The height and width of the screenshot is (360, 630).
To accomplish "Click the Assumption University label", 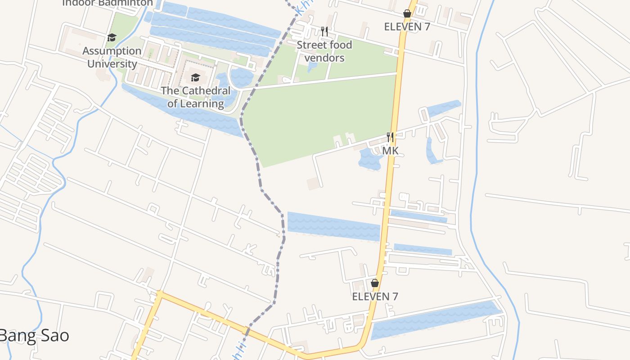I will pos(112,57).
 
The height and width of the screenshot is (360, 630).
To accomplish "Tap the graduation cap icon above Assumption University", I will pos(112,37).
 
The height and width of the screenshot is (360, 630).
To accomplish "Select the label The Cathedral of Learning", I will pos(196,97).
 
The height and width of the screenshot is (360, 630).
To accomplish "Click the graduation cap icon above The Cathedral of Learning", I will pos(195,78).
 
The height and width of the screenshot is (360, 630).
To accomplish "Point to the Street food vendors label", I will pos(324,51).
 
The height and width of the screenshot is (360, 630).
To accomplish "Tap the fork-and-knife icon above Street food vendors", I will pos(324,31).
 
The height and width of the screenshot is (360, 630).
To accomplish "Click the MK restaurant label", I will pos(390,151).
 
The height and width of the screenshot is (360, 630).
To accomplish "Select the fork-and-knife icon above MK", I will pos(390,137).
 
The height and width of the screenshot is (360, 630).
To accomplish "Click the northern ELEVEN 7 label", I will pos(407,27).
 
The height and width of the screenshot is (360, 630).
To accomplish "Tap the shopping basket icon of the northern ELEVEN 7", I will pos(407,14).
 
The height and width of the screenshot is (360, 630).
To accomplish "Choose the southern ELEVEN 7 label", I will pos(375,297).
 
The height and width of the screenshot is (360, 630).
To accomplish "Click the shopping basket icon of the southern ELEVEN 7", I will pos(375,283).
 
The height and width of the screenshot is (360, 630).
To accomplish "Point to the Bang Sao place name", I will pos(34,336).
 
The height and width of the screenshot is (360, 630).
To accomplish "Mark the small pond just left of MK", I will pos(370,159).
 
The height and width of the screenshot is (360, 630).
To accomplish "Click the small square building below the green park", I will pos(314,184).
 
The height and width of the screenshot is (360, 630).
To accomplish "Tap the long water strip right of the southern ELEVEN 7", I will pos(436,319).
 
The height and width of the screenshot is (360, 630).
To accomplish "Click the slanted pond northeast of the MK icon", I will pos(443,108).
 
